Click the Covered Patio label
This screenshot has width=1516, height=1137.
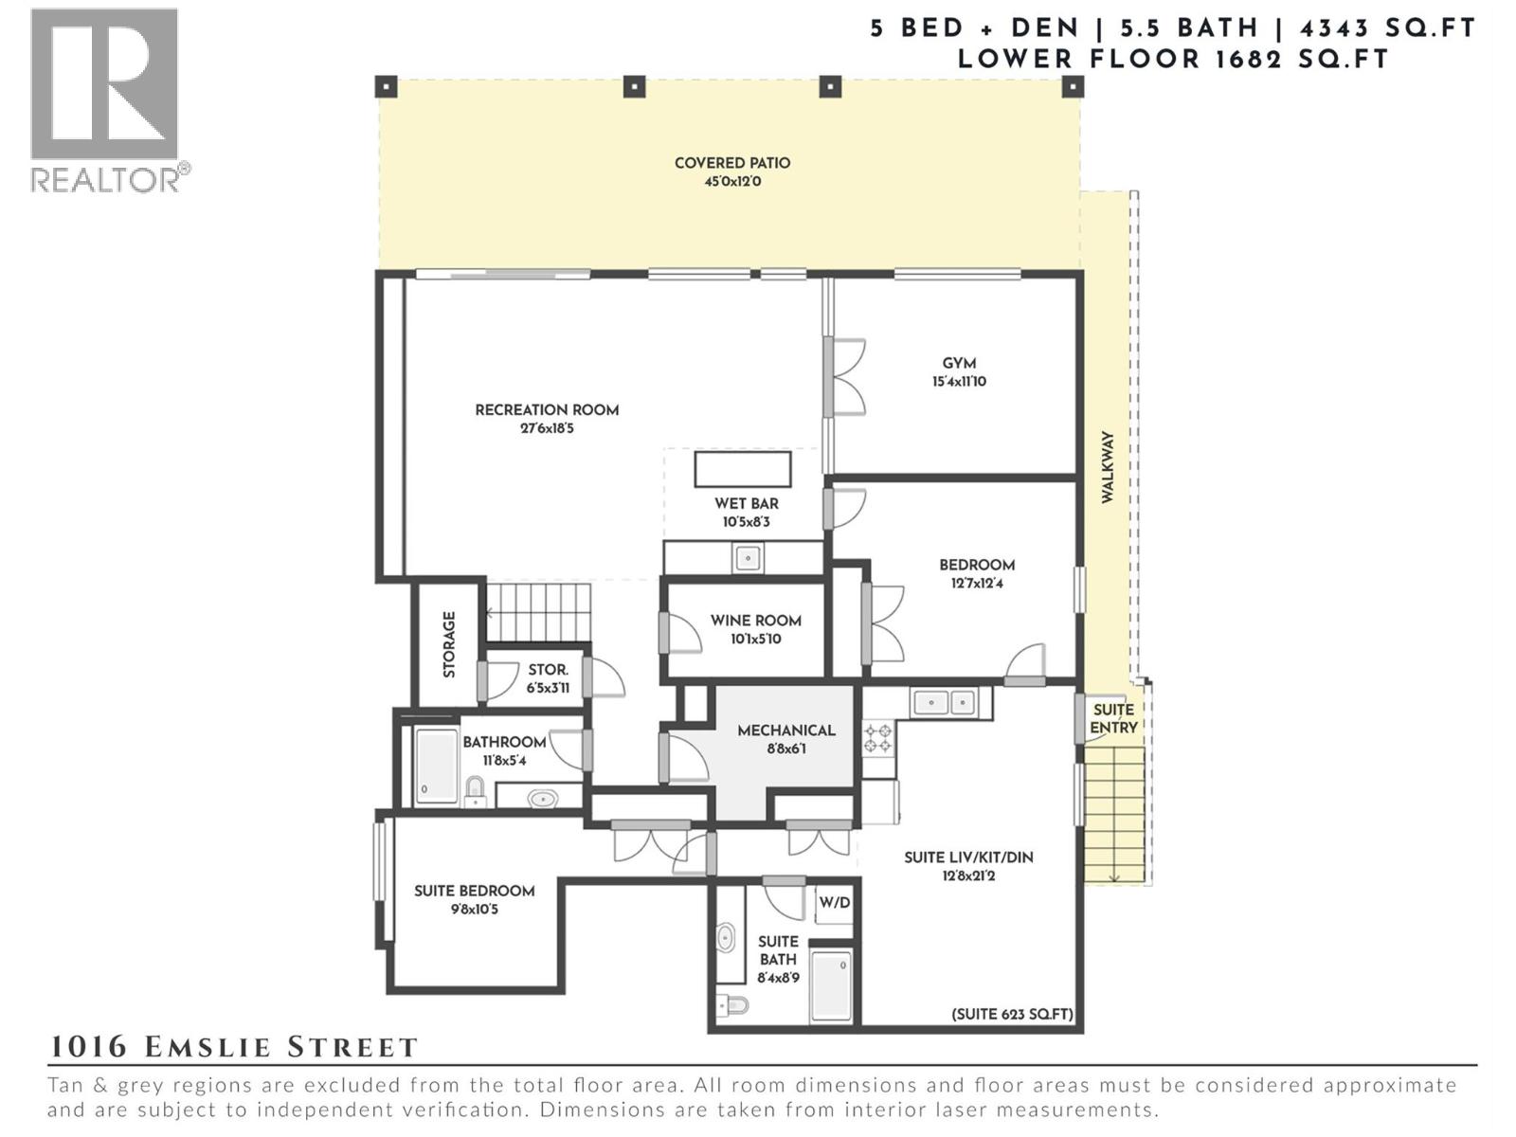pyautogui.click(x=731, y=163)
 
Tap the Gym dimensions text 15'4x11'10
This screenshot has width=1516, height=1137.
pyautogui.click(x=959, y=382)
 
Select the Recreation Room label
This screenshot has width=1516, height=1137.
pyautogui.click(x=547, y=410)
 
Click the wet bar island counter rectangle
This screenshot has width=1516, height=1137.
pyautogui.click(x=743, y=469)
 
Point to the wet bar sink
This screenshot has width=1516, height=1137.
pyautogui.click(x=748, y=558)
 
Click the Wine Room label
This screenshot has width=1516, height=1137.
pyautogui.click(x=755, y=621)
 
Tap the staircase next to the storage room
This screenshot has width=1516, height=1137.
pyautogui.click(x=538, y=612)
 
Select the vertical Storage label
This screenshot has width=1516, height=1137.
pyautogui.click(x=449, y=644)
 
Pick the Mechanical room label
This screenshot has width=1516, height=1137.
pyautogui.click(x=785, y=731)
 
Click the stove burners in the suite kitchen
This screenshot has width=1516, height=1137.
pyautogui.click(x=878, y=739)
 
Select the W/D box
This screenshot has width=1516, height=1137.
pyautogui.click(x=834, y=903)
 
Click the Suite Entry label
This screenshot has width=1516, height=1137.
pyautogui.click(x=1113, y=718)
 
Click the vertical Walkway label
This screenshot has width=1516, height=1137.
pyautogui.click(x=1108, y=467)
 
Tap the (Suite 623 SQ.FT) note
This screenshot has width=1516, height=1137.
pyautogui.click(x=1012, y=1014)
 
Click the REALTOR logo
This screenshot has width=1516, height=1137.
pyautogui.click(x=106, y=99)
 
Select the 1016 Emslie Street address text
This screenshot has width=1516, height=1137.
pyautogui.click(x=233, y=1047)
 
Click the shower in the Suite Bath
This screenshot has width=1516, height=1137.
pyautogui.click(x=832, y=985)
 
